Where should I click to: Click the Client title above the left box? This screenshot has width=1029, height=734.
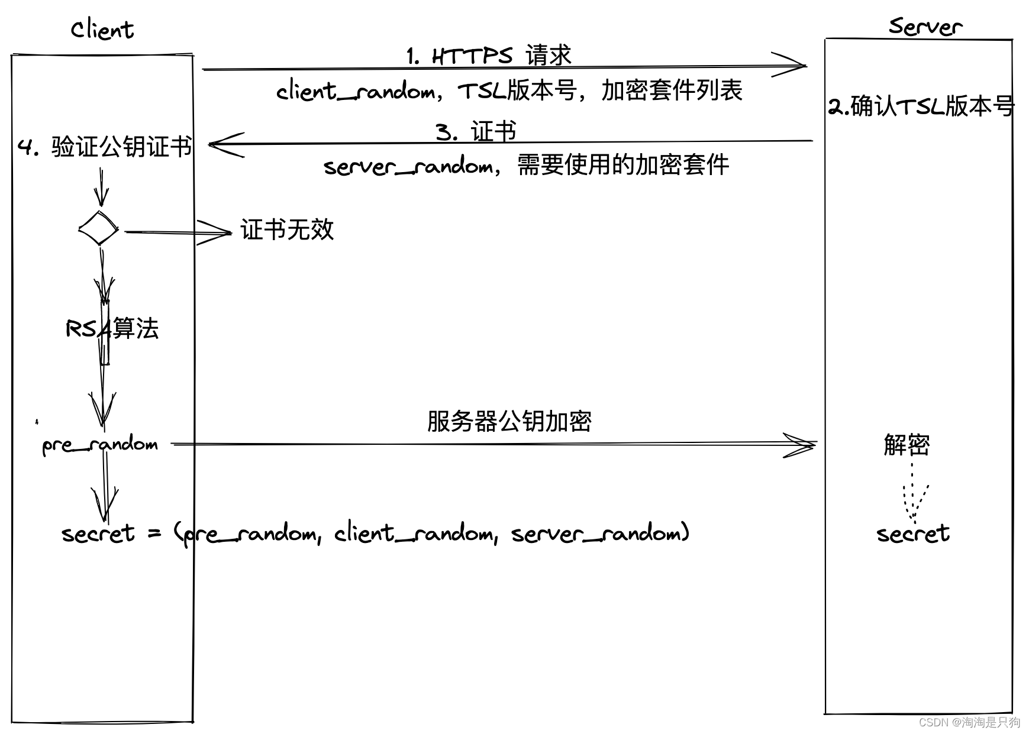coord(102,30)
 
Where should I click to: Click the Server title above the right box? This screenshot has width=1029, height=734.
coord(925,27)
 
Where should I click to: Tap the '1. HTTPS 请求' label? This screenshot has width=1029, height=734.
coord(489,56)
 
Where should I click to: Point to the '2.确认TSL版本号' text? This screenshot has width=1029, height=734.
coord(921,106)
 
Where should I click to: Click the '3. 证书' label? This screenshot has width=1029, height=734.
coord(476,131)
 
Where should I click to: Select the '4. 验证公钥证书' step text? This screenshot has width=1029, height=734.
coord(105,147)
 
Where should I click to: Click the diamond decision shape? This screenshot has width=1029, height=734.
coord(99,228)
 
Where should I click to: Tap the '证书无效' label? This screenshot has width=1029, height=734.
coord(287,229)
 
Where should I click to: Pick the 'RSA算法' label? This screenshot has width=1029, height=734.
coord(112,329)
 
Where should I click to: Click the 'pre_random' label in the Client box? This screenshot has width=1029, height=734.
coord(100,445)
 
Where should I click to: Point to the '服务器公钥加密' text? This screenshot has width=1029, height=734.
coord(509,421)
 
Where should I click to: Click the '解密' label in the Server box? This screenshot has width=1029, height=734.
coord(907,445)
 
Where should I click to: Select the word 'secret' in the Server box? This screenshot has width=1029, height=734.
coord(913,533)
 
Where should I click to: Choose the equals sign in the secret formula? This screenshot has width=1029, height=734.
coord(154,533)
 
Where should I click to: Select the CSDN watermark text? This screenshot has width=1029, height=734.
coord(969,722)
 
